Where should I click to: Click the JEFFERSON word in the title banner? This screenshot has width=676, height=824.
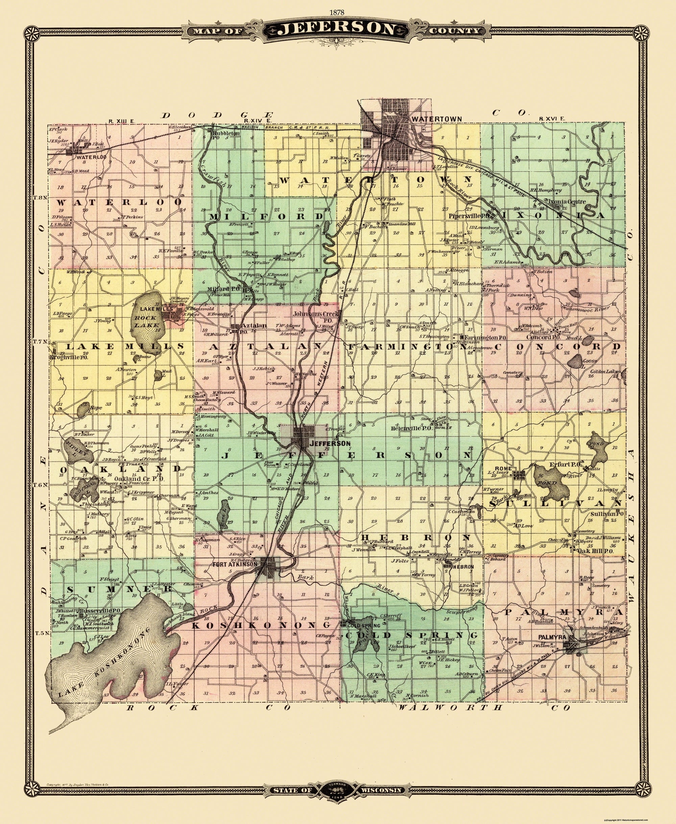[x=337, y=30]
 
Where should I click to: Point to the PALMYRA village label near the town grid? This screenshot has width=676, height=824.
[x=553, y=637]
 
